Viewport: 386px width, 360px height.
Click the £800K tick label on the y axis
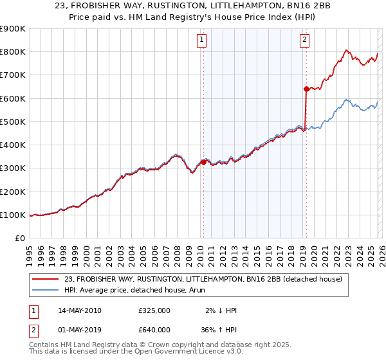[x=12, y=52]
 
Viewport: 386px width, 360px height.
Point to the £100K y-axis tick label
[x=12, y=215]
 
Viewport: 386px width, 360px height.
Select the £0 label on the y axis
[x=19, y=239]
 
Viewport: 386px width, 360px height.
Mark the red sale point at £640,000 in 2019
[x=306, y=89]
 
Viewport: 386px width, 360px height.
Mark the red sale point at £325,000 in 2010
[x=203, y=162]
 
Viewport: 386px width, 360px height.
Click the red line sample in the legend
[x=46, y=279]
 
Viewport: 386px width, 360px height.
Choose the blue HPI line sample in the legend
[x=46, y=291]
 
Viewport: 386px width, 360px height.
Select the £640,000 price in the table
[x=154, y=330]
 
